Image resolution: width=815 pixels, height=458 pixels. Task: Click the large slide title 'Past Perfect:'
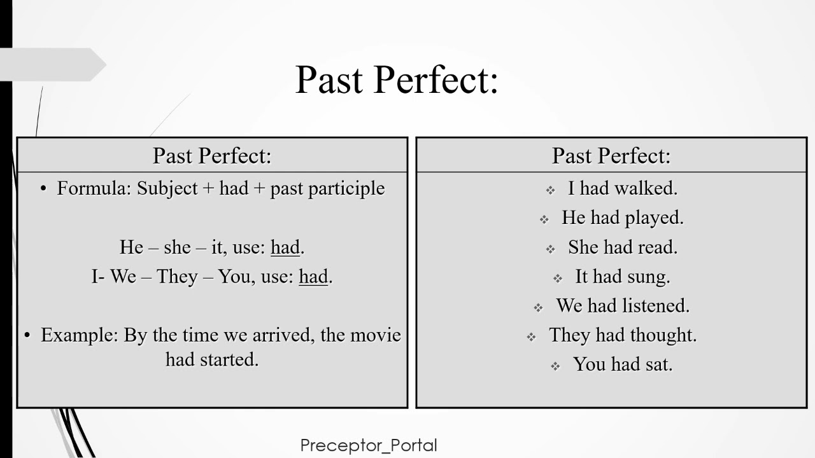pos(396,80)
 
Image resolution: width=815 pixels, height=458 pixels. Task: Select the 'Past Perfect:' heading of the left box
pos(212,156)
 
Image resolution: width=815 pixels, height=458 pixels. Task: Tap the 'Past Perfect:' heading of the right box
pos(611,156)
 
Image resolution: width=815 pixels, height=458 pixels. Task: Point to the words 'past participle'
pos(327,188)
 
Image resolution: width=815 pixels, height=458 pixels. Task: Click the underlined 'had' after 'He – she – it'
pos(285,247)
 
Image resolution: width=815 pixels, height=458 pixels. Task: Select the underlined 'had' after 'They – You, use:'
pos(313,277)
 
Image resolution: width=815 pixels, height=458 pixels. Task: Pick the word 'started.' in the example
pos(229,359)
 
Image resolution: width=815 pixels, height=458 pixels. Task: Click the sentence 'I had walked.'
pos(623,188)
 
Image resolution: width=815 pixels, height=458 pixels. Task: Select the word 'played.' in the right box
pos(654,218)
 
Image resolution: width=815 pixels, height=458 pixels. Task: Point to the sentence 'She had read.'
pos(623,247)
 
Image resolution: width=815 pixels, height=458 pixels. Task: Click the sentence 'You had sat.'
pos(623,364)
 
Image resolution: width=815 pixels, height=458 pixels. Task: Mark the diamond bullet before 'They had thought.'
pos(532,337)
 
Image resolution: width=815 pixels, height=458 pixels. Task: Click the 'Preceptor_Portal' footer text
pos(369,445)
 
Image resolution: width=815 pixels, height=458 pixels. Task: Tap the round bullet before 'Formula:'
pos(44,190)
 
